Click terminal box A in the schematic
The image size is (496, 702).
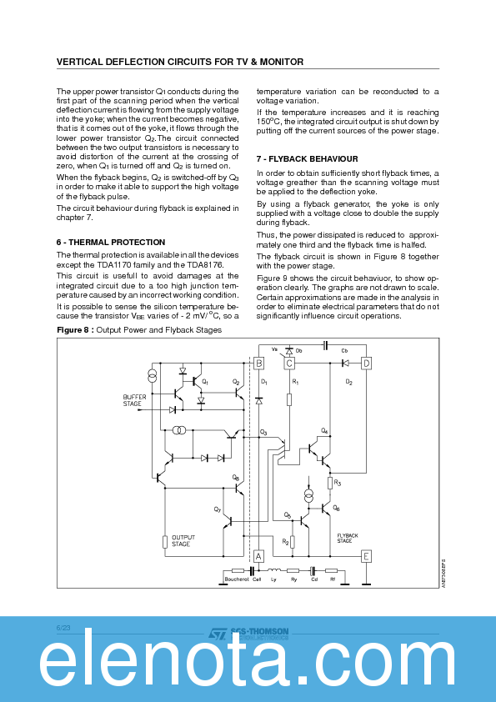258,556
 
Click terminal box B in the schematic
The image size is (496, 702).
258,363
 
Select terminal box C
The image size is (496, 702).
289,363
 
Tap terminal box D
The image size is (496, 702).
365,363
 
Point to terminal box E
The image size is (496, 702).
365,556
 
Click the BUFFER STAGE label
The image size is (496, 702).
134,400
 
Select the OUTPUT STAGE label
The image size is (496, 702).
181,541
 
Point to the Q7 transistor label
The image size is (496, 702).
218,509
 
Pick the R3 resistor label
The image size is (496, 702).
337,483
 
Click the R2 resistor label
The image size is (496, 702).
285,542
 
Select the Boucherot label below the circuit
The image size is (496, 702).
237,579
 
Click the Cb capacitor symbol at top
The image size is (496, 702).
325,344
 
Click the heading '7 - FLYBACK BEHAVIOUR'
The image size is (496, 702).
307,158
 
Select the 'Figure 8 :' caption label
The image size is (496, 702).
75,331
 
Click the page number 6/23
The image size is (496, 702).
63,625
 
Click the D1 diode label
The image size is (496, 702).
263,381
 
